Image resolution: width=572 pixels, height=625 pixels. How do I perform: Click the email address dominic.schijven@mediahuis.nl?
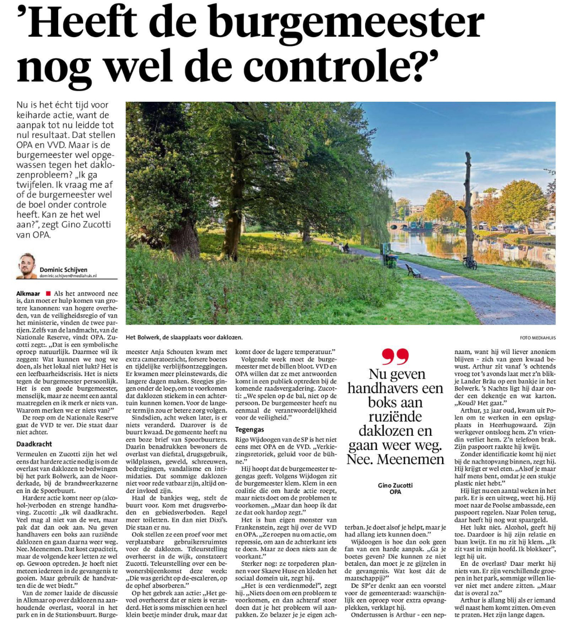point(68,276)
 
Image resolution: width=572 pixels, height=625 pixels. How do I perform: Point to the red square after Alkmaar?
point(48,293)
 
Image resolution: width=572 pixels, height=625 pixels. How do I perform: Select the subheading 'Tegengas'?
point(249,429)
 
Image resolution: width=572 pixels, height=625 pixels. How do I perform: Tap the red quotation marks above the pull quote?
point(395,356)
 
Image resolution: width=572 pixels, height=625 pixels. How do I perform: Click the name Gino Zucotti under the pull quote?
point(395,486)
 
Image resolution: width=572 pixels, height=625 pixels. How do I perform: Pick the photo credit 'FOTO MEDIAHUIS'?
point(537,337)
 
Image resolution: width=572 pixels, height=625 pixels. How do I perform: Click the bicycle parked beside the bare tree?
point(469,262)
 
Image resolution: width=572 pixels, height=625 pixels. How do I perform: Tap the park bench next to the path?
point(413,271)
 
